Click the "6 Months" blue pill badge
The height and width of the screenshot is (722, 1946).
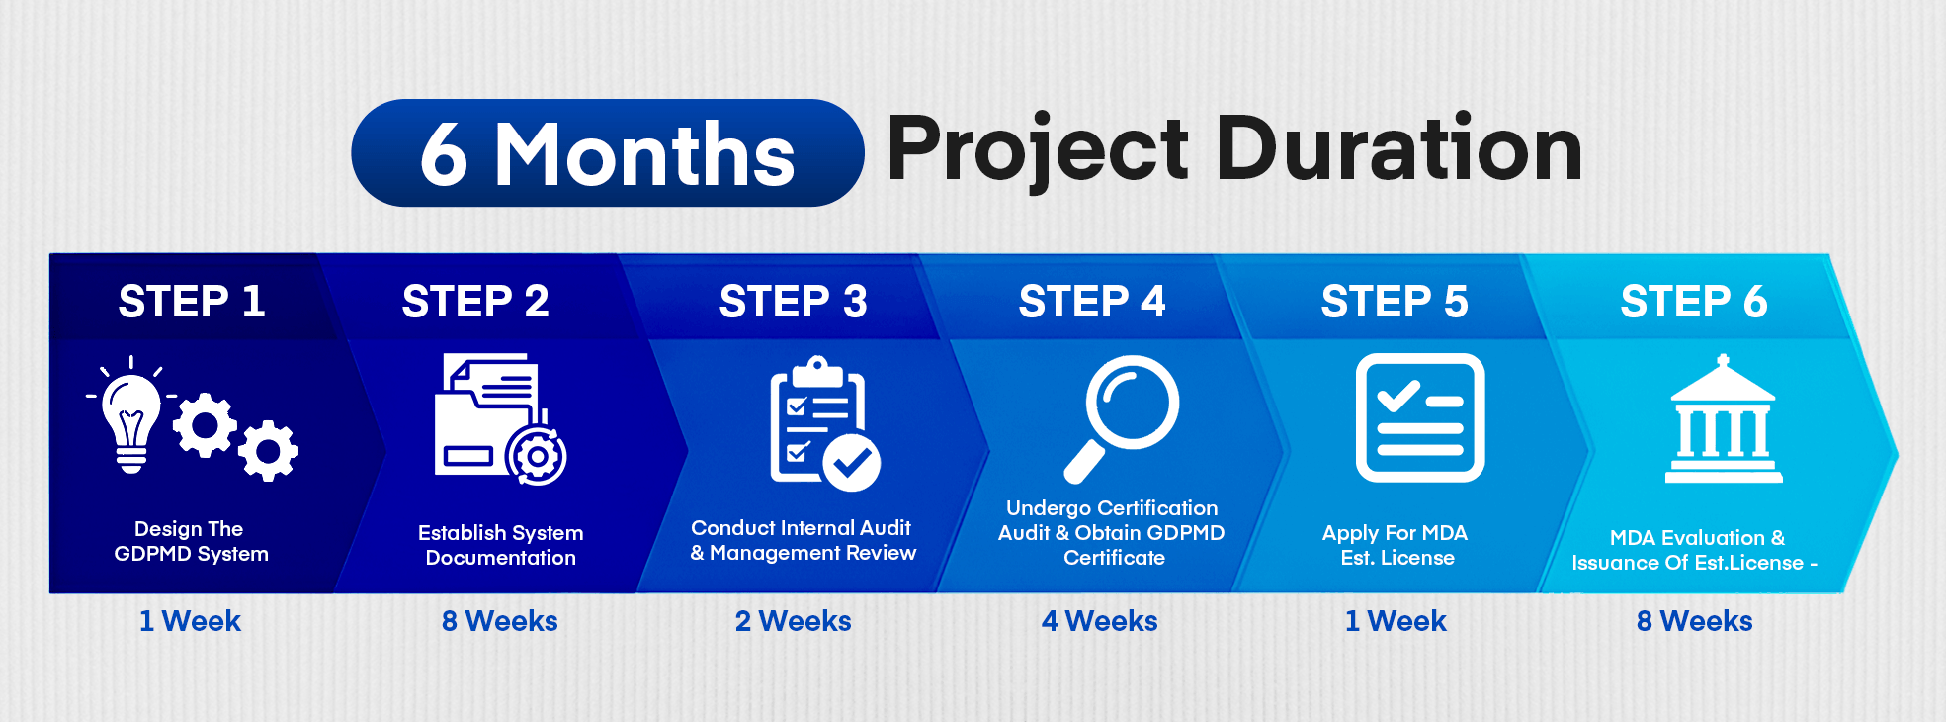(x=607, y=153)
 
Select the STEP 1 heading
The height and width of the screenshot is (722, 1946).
(x=192, y=301)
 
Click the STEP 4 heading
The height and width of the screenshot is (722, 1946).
(x=1092, y=301)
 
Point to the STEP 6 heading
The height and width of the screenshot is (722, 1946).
(x=1694, y=301)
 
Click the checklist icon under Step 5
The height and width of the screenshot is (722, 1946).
(x=1420, y=417)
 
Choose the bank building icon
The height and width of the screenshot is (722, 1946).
(x=1724, y=419)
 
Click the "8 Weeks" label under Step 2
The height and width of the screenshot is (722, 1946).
(x=500, y=621)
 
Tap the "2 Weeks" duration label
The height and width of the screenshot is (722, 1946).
(x=794, y=621)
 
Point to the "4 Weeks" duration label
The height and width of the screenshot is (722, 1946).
(x=1100, y=621)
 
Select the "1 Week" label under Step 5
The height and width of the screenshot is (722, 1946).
(x=1396, y=621)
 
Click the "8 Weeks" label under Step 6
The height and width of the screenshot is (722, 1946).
(x=1695, y=621)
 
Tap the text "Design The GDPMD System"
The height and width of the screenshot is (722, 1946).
(x=191, y=541)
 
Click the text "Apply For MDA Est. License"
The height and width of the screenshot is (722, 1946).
(x=1396, y=545)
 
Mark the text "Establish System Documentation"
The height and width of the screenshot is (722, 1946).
(x=501, y=545)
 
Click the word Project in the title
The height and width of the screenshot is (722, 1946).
(x=1038, y=150)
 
